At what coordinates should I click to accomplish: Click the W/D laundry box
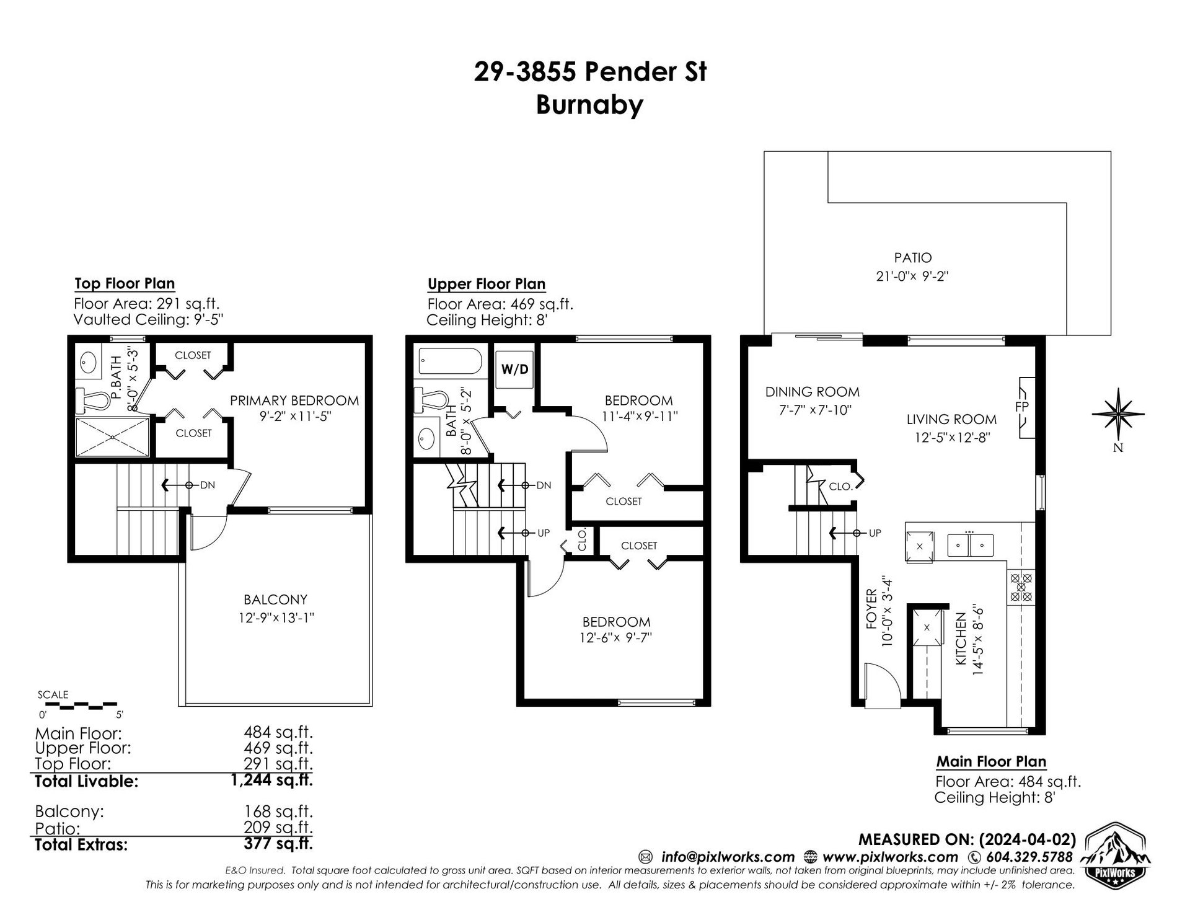point(514,369)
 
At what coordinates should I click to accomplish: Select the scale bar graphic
point(77,705)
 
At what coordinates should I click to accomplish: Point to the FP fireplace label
point(1021,408)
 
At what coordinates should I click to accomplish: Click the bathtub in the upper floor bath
point(451,362)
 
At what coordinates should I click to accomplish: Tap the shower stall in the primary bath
point(112,437)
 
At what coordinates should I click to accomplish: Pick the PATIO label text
point(912,257)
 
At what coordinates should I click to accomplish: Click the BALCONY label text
point(275,599)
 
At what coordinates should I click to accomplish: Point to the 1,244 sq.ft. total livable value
point(271,780)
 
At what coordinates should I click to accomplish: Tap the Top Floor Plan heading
point(125,284)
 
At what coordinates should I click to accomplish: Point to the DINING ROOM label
point(812,392)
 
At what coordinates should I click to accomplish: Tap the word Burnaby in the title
point(589,105)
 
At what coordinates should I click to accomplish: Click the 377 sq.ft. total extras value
point(278,844)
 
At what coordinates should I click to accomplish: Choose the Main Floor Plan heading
point(991,761)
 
